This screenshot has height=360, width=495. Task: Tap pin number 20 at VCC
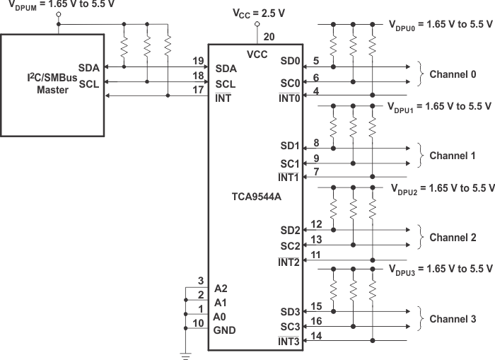click(x=269, y=37)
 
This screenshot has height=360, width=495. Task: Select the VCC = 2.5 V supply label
click(x=260, y=13)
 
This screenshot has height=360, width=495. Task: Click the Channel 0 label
click(x=453, y=74)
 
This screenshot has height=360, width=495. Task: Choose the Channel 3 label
click(x=453, y=319)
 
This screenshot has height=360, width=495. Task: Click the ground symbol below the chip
click(x=186, y=356)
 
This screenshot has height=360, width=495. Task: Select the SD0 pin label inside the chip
click(x=290, y=67)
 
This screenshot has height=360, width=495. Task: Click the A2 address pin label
click(x=220, y=289)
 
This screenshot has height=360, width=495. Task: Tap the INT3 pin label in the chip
click(x=289, y=342)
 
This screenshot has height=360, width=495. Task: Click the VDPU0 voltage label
click(x=440, y=24)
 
